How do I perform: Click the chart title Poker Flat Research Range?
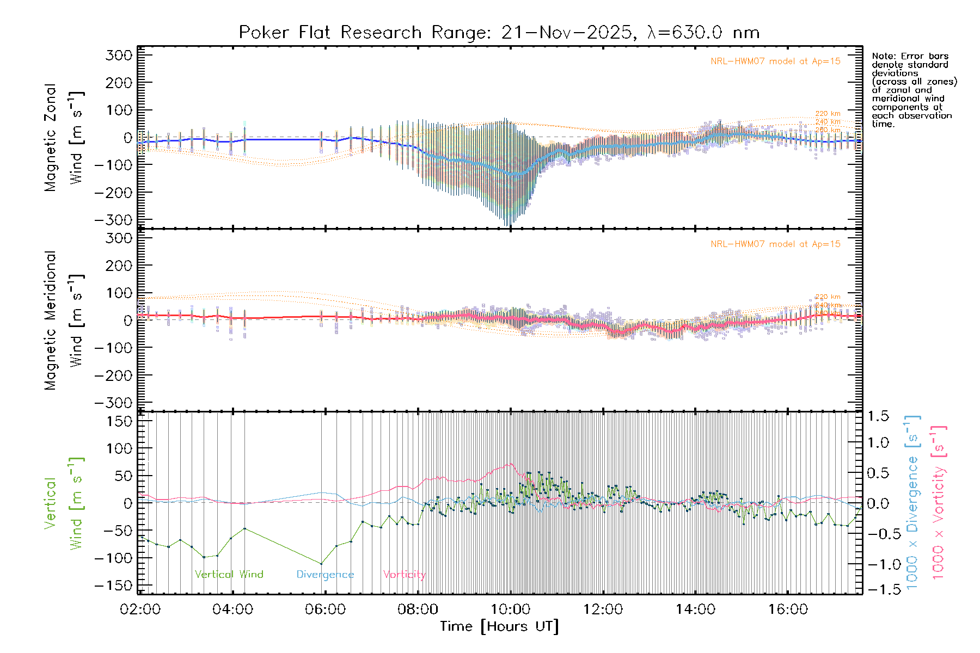(x=499, y=33)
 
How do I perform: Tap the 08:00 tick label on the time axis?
(x=418, y=609)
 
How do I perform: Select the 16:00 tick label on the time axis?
(x=788, y=609)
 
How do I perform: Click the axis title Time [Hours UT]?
(x=499, y=626)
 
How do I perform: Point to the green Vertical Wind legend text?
(x=229, y=574)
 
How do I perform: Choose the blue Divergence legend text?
(x=325, y=575)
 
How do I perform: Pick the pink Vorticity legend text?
(x=404, y=575)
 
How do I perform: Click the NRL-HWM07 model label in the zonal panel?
(x=775, y=61)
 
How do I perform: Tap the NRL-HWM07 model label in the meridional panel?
(x=775, y=244)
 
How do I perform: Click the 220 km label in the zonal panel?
(x=828, y=114)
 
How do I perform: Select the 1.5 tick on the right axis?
(x=878, y=416)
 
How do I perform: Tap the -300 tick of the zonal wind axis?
(x=113, y=220)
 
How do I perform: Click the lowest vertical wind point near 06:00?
(x=321, y=564)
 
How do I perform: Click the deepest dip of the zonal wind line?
(x=512, y=174)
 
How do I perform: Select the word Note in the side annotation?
(x=881, y=56)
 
